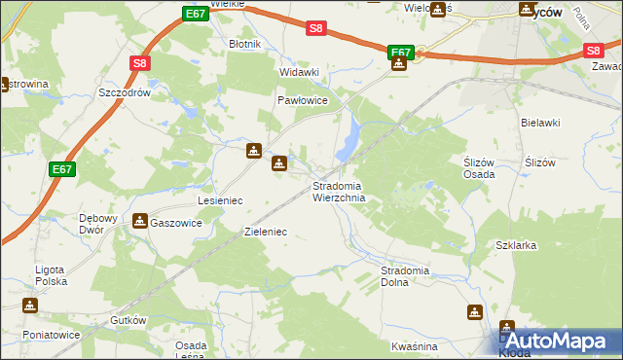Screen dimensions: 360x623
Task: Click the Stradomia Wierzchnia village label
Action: (339, 192)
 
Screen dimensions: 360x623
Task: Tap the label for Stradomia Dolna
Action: (406, 275)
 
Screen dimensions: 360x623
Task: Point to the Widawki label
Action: (300, 72)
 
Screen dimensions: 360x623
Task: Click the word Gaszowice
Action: (176, 223)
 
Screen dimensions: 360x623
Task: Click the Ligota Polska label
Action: (49, 275)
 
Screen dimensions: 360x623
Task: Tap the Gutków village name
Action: (128, 320)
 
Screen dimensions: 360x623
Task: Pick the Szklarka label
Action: (516, 246)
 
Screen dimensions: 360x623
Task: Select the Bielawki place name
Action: (540, 123)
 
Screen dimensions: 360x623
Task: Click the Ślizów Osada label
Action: (478, 168)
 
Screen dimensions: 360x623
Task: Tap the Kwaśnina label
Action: (414, 346)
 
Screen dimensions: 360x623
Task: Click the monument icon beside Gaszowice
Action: (140, 222)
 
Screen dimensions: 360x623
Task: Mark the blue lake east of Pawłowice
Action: (348, 141)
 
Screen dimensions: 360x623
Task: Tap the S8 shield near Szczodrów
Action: (140, 64)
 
